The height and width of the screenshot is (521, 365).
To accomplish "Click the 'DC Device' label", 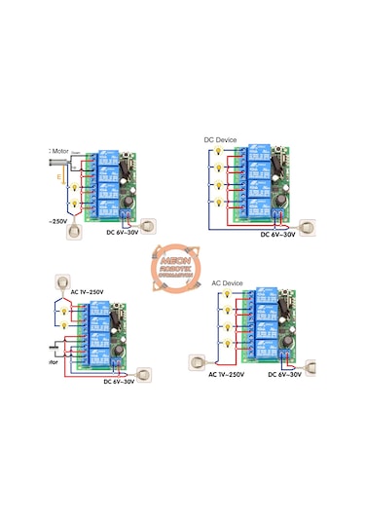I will point(221,140).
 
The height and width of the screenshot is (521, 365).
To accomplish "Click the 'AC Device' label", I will point(228,283).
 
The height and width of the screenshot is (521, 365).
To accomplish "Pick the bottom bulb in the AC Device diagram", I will point(225,343).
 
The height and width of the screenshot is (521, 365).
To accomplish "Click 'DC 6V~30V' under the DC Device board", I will point(278,234).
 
